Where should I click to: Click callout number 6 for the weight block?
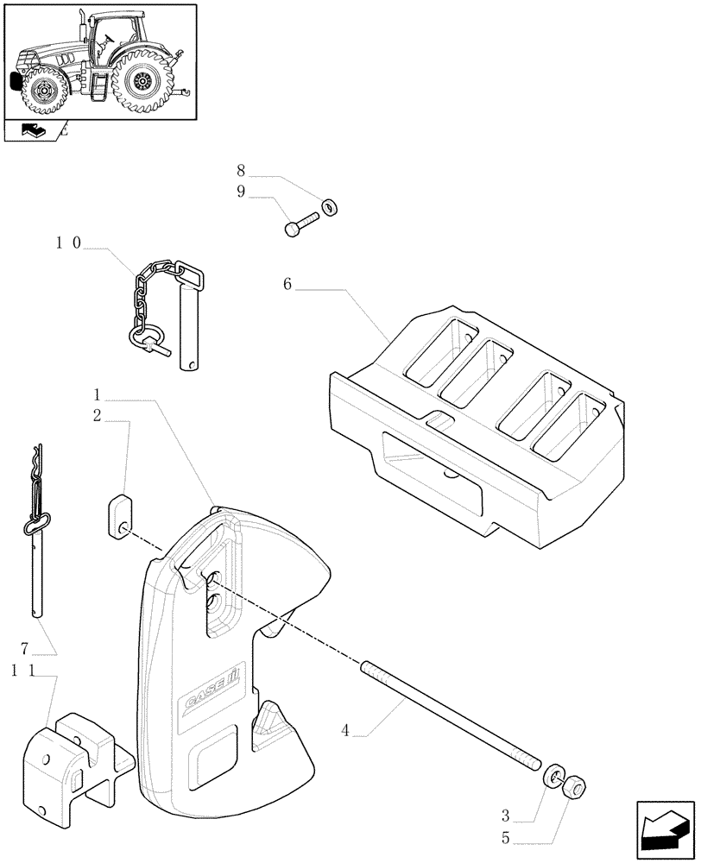287,284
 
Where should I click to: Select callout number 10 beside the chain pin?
68,244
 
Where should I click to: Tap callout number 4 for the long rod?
345,731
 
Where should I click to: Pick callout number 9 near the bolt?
241,192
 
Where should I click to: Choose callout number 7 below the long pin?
23,647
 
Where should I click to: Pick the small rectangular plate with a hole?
119,515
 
